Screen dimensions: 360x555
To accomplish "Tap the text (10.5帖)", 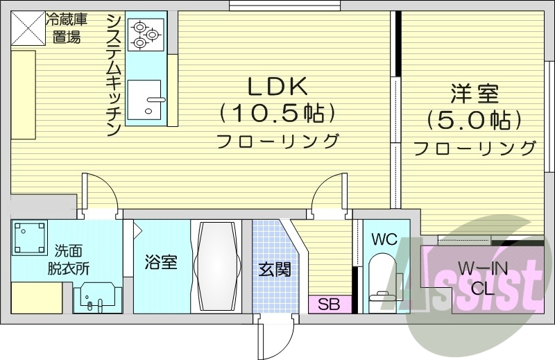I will [277, 112].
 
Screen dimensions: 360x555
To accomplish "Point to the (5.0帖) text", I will [475, 121].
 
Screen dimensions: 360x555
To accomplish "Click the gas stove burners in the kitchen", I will [146, 34].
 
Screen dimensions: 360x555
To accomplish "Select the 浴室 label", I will [160, 262].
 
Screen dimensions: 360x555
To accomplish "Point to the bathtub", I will [216, 266].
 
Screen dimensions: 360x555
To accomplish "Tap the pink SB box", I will [330, 304].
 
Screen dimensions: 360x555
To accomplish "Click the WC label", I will [384, 239].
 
